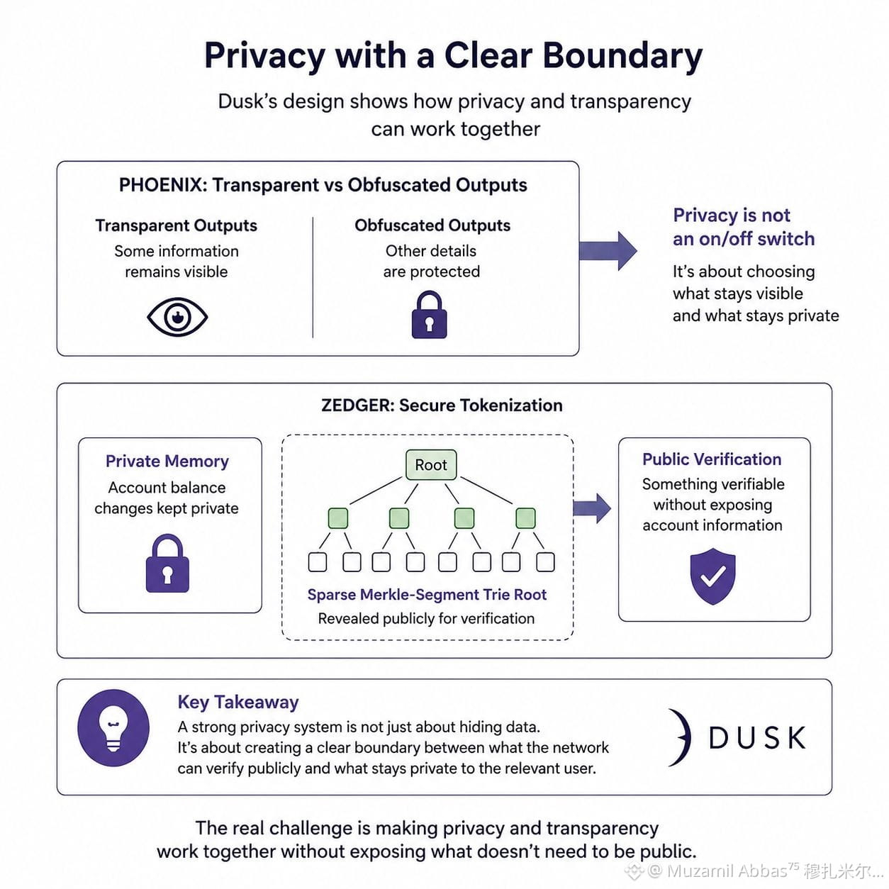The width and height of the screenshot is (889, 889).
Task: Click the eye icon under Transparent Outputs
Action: pos(177,316)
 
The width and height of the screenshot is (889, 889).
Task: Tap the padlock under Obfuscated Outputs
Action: pos(429,315)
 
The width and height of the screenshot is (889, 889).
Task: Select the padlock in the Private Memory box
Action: pos(167,564)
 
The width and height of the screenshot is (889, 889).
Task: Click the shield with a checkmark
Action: pos(712,576)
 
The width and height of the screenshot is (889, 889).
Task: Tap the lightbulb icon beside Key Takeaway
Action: pos(113,728)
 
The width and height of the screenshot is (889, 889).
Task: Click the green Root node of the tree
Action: pos(431,464)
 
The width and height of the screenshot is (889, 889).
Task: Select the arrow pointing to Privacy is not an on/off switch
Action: pos(608,251)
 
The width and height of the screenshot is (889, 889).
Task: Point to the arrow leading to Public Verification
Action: pos(592,508)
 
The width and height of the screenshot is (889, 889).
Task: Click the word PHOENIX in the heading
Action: pos(160,185)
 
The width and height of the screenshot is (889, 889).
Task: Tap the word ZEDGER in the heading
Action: pos(355,406)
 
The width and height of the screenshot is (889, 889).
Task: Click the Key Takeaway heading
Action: pos(238,702)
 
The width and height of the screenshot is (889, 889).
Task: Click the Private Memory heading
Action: pos(167,462)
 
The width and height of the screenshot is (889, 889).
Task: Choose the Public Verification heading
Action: pos(712,459)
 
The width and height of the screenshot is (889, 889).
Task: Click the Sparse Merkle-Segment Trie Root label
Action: pos(427,595)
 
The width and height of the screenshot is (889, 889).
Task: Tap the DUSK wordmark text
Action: pos(757,738)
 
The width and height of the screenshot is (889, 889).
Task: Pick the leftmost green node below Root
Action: pos(337,518)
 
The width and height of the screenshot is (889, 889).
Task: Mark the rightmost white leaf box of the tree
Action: pos(545,562)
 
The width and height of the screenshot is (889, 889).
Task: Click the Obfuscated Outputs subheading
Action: pos(432,225)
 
